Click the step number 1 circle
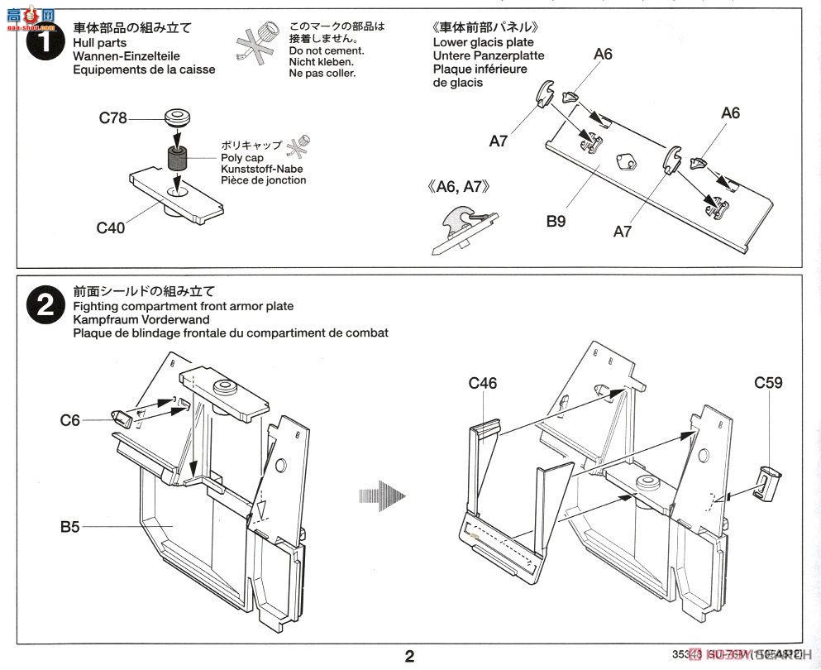coord(45,43)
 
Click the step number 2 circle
coord(45,306)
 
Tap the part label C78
coord(112,118)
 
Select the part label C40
coord(110,227)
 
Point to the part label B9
coord(555,221)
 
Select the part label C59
coord(767,383)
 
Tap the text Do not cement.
coord(323,50)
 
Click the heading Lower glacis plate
coord(483,42)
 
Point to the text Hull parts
coord(100,43)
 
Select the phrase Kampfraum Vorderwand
coord(141,319)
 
